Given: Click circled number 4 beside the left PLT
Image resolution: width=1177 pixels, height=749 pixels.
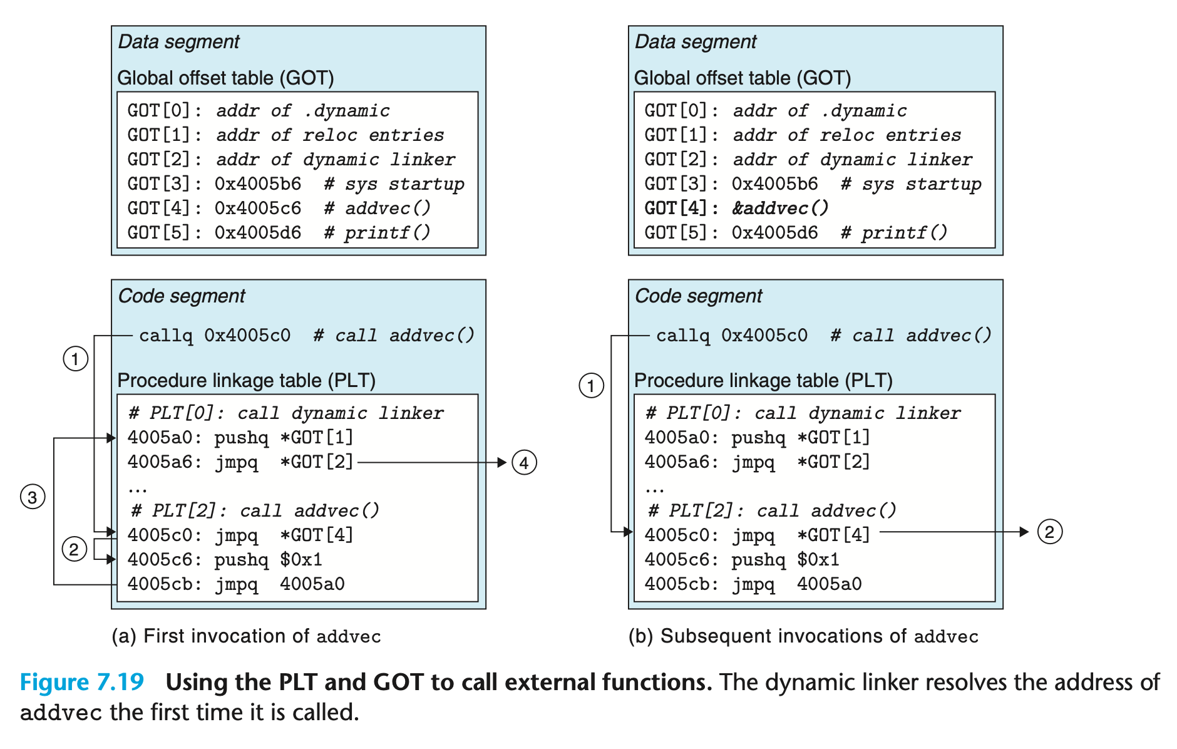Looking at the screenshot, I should [524, 463].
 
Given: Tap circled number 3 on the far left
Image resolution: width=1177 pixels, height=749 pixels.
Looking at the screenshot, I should [33, 497].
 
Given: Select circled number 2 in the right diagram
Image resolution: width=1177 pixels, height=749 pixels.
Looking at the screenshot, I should [1049, 532].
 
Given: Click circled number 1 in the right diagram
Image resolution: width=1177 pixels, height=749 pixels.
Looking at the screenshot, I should [591, 385].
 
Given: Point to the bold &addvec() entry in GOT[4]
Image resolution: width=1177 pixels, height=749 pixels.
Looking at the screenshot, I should [781, 208].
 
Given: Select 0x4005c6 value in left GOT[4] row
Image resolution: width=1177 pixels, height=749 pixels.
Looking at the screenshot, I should [258, 208].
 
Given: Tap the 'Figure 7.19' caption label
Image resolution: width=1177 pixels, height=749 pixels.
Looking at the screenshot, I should [82, 682].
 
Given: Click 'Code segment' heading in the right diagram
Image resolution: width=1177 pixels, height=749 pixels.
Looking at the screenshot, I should [698, 296].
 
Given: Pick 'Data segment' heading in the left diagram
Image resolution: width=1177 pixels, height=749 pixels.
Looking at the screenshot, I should [178, 42].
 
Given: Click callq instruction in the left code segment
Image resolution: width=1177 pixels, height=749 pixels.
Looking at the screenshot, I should [166, 336].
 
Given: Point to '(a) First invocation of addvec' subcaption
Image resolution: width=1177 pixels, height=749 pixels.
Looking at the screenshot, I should [246, 636].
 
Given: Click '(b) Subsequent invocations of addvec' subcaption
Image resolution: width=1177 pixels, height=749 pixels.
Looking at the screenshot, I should [803, 636].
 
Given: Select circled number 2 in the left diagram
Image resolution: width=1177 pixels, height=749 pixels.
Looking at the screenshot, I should [74, 549].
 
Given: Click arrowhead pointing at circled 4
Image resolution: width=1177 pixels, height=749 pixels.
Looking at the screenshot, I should [502, 463].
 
